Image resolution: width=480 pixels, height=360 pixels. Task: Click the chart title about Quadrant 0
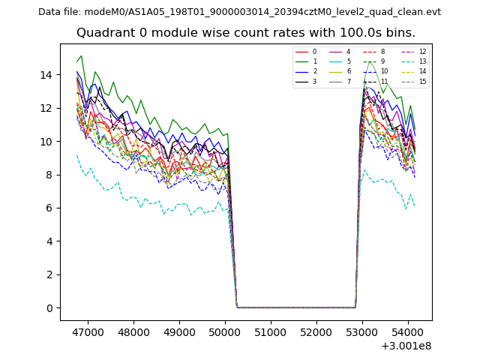[245, 33]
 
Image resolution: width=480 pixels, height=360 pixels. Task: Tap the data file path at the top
[239, 12]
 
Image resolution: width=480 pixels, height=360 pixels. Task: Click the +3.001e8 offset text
[405, 346]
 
